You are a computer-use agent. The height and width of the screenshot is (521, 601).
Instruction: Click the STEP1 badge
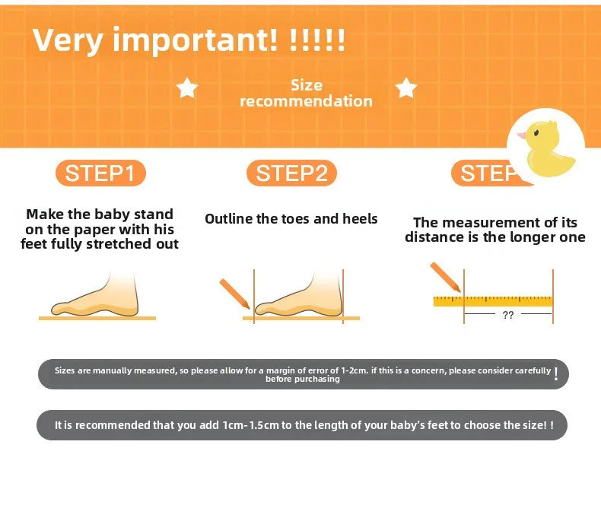[x=101, y=173]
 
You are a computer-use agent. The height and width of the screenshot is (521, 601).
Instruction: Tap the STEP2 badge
[x=291, y=173]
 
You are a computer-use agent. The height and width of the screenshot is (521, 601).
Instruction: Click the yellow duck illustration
[x=549, y=149]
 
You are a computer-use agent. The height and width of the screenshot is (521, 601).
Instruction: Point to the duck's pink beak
[x=522, y=135]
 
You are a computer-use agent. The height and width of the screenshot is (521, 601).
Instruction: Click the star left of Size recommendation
[x=187, y=87]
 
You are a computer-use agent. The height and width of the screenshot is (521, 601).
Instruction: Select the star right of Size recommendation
[x=406, y=87]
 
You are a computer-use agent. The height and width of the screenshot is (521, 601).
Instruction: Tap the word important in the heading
[x=195, y=40]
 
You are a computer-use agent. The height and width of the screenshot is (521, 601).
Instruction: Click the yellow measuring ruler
[x=493, y=301]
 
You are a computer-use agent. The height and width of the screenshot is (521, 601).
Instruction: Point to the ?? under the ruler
[x=508, y=315]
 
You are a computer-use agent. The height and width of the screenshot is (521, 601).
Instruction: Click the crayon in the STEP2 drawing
[x=234, y=294]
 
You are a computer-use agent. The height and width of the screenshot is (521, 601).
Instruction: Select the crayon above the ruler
[x=445, y=277]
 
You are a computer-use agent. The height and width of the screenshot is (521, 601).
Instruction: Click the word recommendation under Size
[x=307, y=101]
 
